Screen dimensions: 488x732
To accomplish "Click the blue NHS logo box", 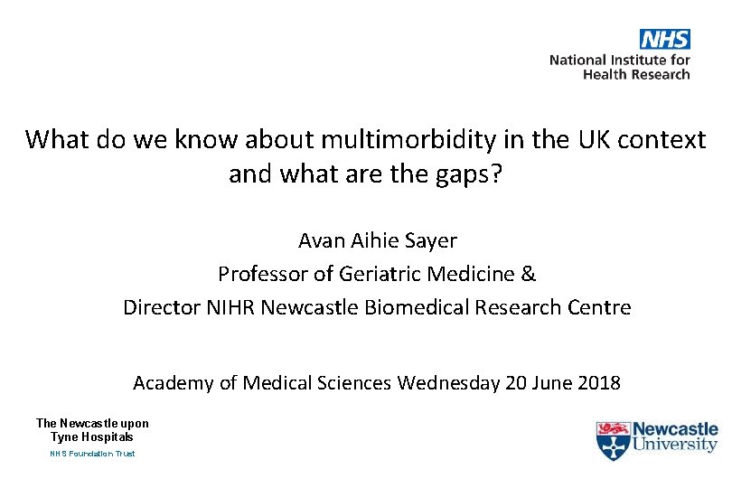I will (665, 39).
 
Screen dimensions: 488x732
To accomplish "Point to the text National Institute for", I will (620, 60).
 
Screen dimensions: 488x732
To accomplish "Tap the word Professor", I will (262, 274).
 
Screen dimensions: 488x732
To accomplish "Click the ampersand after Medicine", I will (529, 274).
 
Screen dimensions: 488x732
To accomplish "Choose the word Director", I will (162, 307).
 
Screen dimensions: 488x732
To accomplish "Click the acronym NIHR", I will (230, 307).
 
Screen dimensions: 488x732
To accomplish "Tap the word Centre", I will (600, 307).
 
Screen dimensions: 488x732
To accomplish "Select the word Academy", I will (173, 383).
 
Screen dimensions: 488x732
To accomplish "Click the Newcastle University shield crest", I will (612, 440).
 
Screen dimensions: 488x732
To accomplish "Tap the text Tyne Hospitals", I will (92, 436).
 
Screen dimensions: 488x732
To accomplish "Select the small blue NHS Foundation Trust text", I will (92, 454).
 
